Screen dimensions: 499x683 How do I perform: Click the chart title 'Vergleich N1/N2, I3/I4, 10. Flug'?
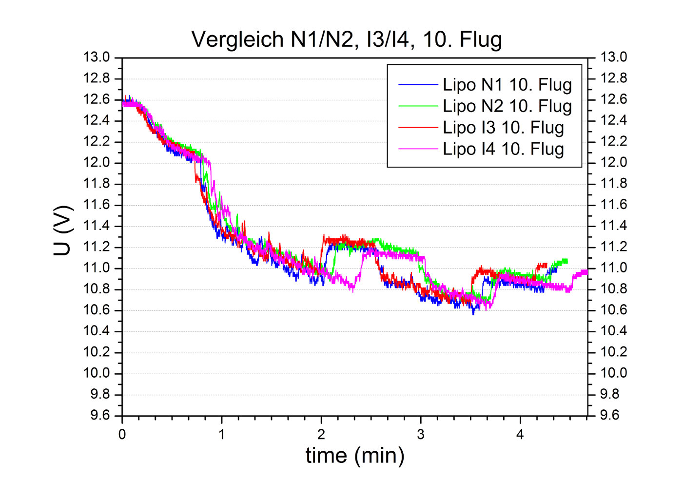pos(347,39)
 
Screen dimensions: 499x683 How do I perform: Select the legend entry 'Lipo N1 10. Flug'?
pos(507,85)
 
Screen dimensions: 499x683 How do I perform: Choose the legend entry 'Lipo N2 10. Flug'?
pos(507,106)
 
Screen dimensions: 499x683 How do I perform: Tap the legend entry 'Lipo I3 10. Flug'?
pos(503,128)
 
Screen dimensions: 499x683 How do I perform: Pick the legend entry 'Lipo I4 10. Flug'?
pos(503,149)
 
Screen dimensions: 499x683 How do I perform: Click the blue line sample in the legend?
pos(418,85)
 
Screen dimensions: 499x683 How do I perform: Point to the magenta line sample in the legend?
pos(418,149)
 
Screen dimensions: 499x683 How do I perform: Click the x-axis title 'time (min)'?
pos(355,455)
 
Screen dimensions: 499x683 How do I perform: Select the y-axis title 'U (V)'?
pos(63,231)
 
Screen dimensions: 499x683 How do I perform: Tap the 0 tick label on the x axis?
pos(122,435)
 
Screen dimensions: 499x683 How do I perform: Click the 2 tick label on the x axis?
pos(321,435)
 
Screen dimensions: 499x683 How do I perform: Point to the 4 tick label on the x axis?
pos(520,435)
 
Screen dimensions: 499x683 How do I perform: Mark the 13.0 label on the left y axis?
pos(97,58)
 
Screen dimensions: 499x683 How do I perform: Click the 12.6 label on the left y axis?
pos(97,100)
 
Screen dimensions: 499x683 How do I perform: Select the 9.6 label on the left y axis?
pos(100,416)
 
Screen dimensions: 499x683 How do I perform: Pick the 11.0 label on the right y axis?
pos(613,268)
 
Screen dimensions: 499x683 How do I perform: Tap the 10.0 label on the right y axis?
pos(613,373)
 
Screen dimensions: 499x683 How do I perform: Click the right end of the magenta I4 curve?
pos(586,271)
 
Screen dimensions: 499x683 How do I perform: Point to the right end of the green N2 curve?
pos(566,261)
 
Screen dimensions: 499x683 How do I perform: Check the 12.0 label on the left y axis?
pos(97,163)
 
